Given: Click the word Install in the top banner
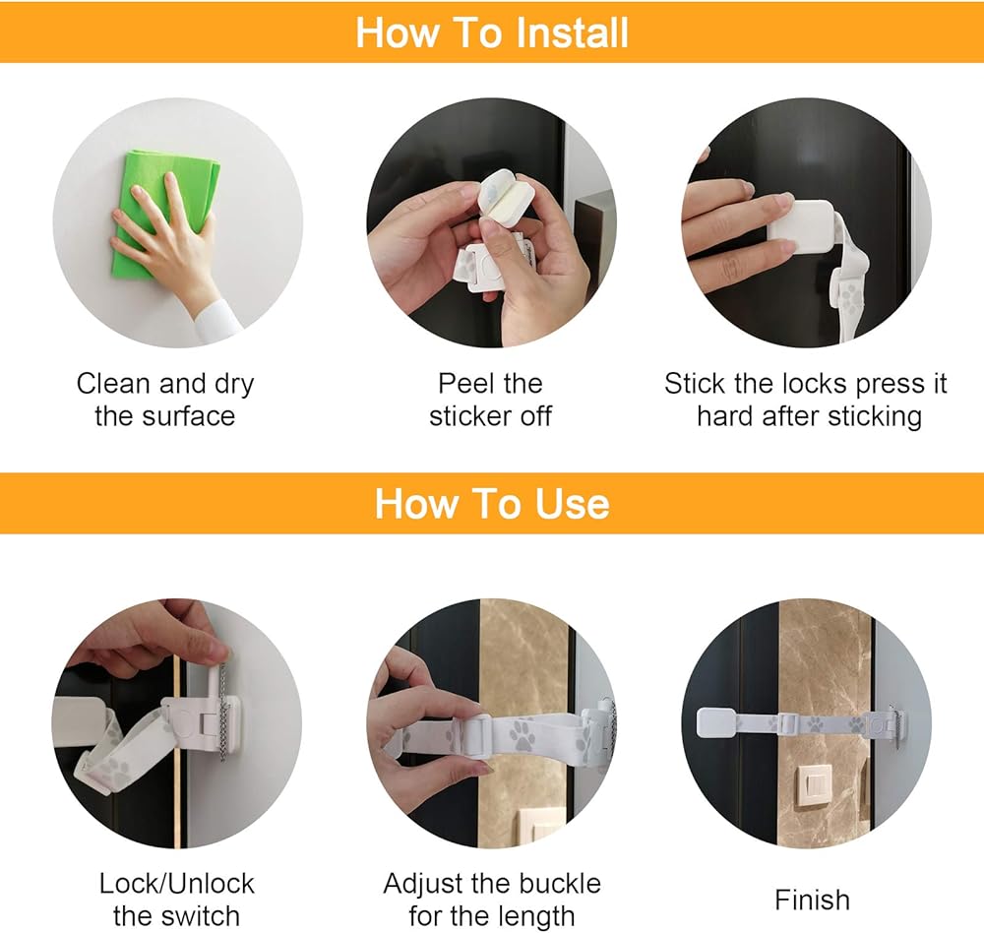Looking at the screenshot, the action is pyautogui.click(x=572, y=32).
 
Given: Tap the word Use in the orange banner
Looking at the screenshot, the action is pyautogui.click(x=573, y=504).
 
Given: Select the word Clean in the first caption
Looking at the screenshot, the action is pyautogui.click(x=114, y=383).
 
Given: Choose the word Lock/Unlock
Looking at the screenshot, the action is pyautogui.click(x=177, y=884).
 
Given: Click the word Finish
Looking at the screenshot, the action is pyautogui.click(x=812, y=900).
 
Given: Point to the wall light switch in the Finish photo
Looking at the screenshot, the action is pyautogui.click(x=814, y=784).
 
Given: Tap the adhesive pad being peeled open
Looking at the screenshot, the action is pyautogui.click(x=506, y=200).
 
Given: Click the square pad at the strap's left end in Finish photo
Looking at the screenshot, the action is pyautogui.click(x=717, y=723).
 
